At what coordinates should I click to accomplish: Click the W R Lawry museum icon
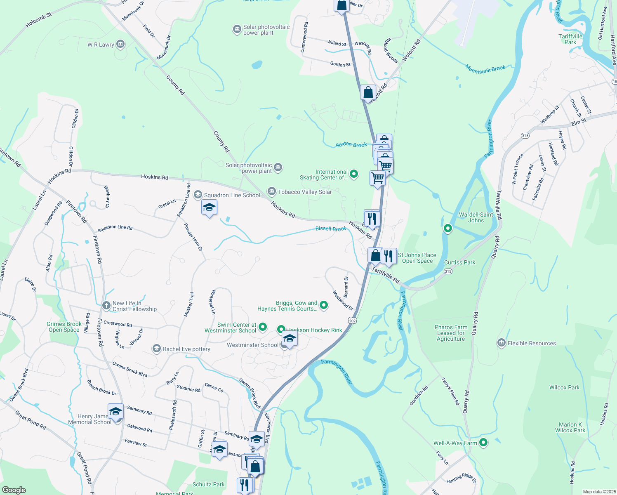pyautogui.click(x=120, y=44)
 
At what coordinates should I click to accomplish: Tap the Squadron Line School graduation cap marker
pyautogui.click(x=209, y=207)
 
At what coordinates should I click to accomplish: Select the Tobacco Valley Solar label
pyautogui.click(x=305, y=192)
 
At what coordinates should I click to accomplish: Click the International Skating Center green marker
pyautogui.click(x=354, y=174)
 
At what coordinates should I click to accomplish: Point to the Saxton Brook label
pyautogui.click(x=351, y=145)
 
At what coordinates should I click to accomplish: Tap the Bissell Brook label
pyautogui.click(x=331, y=229)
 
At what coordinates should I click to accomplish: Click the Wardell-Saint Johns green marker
pyautogui.click(x=447, y=228)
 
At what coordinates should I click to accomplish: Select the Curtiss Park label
pyautogui.click(x=459, y=262)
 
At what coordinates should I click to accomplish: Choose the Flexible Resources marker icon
pyautogui.click(x=502, y=343)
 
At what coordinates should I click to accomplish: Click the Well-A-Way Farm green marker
pyautogui.click(x=483, y=443)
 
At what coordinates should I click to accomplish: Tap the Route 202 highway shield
pyautogui.click(x=352, y=321)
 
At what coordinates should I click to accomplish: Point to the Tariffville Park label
pyautogui.click(x=570, y=39)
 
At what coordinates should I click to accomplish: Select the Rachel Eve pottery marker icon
pyautogui.click(x=156, y=349)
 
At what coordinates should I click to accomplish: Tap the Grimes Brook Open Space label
pyautogui.click(x=64, y=327)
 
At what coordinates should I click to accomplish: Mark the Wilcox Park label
pyautogui.click(x=564, y=387)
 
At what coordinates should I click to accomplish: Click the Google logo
pyautogui.click(x=14, y=490)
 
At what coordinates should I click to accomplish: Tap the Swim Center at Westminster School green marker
pyautogui.click(x=263, y=328)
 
